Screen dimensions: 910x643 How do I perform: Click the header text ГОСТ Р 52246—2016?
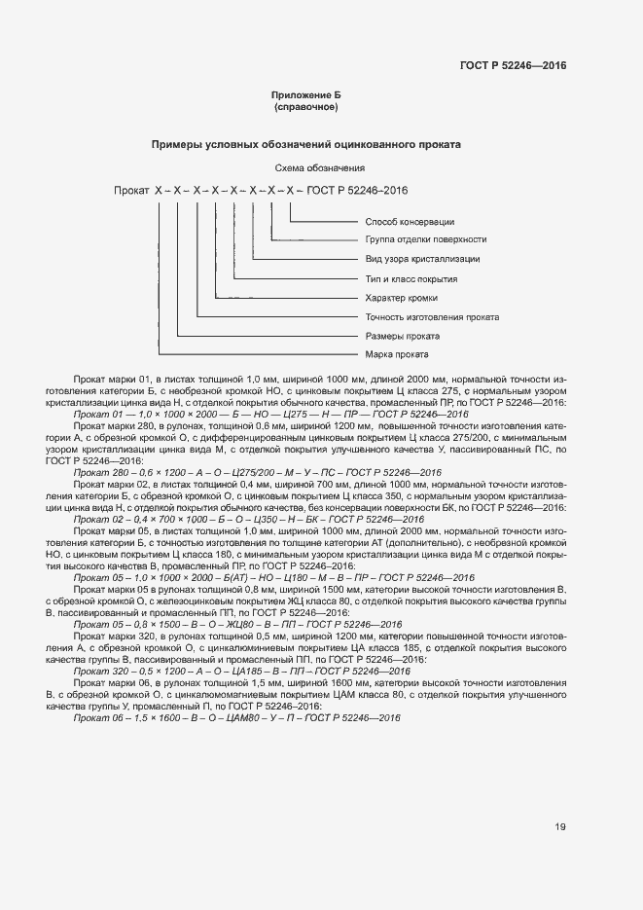[513, 66]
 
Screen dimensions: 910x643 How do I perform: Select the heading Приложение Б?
[305, 94]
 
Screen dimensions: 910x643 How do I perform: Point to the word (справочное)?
[305, 106]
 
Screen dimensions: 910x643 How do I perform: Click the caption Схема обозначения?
[304, 168]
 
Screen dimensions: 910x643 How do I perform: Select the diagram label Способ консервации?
[410, 221]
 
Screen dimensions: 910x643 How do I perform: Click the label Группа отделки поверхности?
[426, 239]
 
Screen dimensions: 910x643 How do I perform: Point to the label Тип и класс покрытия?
[411, 278]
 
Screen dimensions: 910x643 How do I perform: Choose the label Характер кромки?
[401, 298]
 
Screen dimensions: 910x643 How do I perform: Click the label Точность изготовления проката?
[432, 317]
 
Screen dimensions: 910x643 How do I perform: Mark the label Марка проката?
[397, 354]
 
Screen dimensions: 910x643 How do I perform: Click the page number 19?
[560, 827]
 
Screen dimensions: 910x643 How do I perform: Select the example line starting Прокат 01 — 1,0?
[271, 415]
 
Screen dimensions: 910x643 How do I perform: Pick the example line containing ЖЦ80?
[238, 624]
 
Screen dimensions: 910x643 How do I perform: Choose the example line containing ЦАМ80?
[237, 717]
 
